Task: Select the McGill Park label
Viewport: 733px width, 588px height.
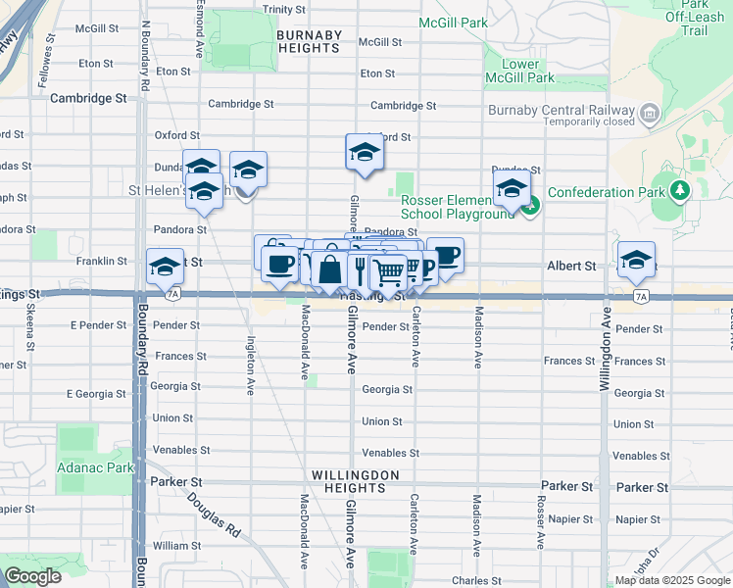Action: point(452,22)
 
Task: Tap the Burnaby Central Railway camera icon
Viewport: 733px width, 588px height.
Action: point(648,115)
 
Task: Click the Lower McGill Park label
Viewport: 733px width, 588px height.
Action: point(520,72)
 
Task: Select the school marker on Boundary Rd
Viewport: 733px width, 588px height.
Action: point(165,266)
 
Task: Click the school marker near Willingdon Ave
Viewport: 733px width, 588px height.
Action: point(637,260)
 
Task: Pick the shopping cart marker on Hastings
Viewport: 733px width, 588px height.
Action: point(389,272)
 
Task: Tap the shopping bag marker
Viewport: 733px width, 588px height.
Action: point(330,269)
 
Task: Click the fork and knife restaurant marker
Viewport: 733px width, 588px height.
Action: point(361,269)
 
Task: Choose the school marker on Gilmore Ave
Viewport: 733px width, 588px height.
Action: point(365,153)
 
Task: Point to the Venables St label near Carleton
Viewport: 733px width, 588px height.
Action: point(391,454)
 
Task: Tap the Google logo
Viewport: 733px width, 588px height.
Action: point(32,576)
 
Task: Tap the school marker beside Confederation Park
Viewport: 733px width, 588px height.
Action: point(512,188)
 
